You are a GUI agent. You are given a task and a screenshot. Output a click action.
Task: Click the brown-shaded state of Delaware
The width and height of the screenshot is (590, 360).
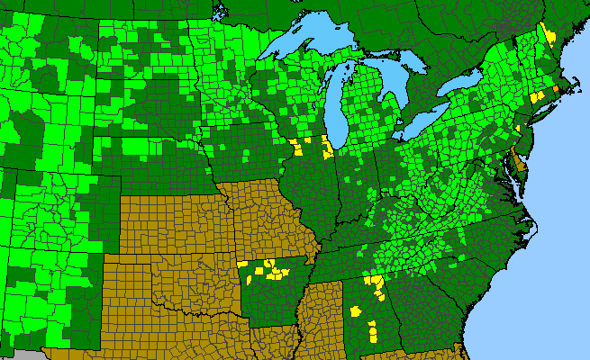[513, 163]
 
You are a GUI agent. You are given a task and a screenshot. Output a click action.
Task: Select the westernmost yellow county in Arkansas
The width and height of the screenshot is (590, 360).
[242, 264]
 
